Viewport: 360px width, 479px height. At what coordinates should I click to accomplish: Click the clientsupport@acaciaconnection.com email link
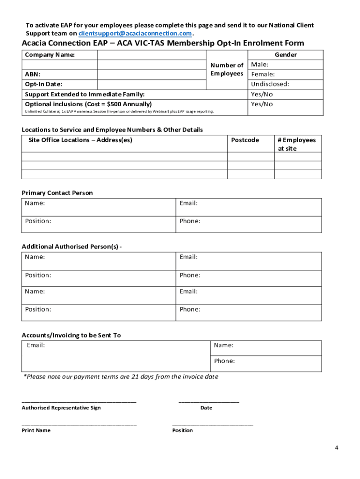point(135,34)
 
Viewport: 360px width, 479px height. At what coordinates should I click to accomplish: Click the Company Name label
point(50,55)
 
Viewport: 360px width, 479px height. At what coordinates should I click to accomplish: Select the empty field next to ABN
point(151,74)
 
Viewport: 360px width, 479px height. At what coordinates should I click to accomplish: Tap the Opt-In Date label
point(43,84)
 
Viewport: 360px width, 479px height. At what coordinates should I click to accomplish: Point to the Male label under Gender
point(260,65)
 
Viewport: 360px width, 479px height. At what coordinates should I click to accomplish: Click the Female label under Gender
point(263,74)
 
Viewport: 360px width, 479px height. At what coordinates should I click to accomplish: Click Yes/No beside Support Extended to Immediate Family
point(262,94)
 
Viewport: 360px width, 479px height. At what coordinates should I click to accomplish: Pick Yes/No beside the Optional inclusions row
point(262,104)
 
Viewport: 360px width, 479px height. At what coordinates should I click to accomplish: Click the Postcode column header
point(245,140)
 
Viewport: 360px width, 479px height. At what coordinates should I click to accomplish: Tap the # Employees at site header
point(297,144)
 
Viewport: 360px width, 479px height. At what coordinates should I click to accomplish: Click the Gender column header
point(286,55)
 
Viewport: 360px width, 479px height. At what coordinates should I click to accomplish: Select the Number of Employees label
point(227,69)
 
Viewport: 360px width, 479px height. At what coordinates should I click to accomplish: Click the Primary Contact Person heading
point(57,193)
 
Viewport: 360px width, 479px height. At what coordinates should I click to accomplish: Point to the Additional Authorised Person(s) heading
point(72,247)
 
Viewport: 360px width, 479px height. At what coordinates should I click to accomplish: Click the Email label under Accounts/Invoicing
point(36,345)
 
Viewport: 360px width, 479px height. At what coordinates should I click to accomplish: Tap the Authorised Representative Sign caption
point(61,408)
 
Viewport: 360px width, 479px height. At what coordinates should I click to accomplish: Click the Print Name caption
point(36,430)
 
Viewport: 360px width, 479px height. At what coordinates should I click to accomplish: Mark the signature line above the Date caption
point(209,402)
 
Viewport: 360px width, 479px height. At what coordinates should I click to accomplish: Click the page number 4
point(336,447)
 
